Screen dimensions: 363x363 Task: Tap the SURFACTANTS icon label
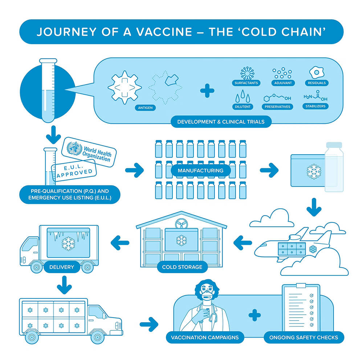pos(246,83)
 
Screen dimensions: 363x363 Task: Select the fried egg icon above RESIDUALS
pos(317,72)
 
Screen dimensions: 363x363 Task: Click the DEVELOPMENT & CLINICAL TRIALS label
pos(221,122)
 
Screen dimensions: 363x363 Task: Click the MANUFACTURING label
pos(200,170)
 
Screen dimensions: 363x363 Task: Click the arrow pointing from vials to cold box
pos(269,170)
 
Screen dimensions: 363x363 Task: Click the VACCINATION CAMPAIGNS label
pos(205,337)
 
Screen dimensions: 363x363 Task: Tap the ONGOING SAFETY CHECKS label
pos(303,337)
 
